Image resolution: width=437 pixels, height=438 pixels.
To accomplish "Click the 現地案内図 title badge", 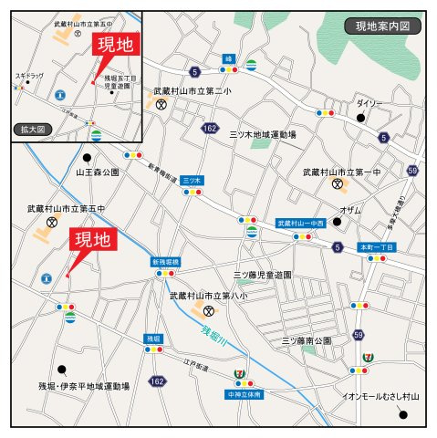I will coord(383,26).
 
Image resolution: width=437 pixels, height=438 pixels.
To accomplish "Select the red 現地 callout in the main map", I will coord(93,241).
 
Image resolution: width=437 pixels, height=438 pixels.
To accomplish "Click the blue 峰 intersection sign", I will coord(228,58).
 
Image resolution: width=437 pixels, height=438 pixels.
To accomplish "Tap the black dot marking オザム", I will coord(337,222).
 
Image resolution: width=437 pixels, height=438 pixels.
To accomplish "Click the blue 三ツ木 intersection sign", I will coord(192,180).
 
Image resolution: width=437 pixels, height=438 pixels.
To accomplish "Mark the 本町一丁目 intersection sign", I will coord(376,247).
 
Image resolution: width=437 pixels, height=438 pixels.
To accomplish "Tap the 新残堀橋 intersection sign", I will coord(166,262).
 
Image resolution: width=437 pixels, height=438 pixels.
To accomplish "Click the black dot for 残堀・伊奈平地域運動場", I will coord(62,370).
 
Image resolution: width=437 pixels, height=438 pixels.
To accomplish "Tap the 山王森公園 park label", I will coord(98,172).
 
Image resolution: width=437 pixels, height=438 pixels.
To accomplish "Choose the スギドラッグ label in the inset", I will coord(29,75).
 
